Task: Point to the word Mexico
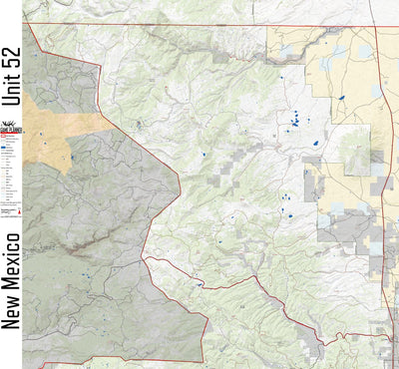[x=11, y=256]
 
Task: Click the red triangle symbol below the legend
[x=6, y=212]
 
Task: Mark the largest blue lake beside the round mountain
[x=317, y=144]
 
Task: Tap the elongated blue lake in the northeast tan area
[x=340, y=97]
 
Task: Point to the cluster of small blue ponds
[x=295, y=120]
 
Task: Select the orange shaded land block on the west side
[x=60, y=135]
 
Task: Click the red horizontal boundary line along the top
[x=199, y=25]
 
